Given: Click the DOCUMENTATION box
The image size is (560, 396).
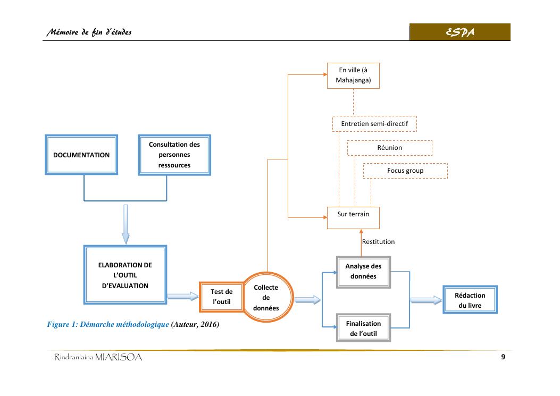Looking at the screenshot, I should click(x=81, y=155).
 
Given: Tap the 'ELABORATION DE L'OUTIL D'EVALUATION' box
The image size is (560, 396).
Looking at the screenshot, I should click(x=125, y=275).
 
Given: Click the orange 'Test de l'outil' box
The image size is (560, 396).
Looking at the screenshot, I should click(x=221, y=297).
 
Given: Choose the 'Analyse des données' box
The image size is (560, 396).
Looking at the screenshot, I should click(x=363, y=271).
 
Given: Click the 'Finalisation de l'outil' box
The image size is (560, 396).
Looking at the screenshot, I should click(x=363, y=328).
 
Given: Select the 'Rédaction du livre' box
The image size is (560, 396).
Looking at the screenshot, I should click(x=470, y=300).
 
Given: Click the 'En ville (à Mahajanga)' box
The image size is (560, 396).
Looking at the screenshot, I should click(x=353, y=76).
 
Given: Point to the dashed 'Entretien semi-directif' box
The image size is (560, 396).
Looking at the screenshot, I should click(x=374, y=124).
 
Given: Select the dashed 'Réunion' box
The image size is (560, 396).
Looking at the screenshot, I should click(x=389, y=148).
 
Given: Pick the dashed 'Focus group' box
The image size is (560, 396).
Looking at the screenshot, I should click(x=405, y=171).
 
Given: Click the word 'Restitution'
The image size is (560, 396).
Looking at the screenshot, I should click(x=378, y=242).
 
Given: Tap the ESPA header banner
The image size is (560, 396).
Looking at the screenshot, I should click(x=460, y=32).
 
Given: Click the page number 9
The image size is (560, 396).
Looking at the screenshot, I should click(x=503, y=357).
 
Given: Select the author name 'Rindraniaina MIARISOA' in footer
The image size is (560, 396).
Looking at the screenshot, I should click(x=99, y=358).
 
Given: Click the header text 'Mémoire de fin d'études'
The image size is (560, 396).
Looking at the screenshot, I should click(x=89, y=33).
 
